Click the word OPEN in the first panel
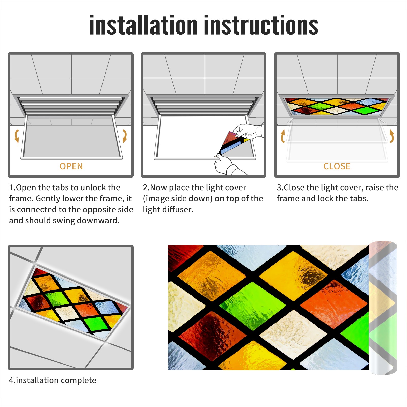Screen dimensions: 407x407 point(71,166)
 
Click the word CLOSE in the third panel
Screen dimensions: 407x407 point(337,166)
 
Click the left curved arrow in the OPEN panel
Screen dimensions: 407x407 point(17,136)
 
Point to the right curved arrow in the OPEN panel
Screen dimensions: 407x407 point(125,136)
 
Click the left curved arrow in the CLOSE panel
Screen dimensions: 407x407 point(283,136)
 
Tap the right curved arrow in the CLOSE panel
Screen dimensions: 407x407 point(392,136)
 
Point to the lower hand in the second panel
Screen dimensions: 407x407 point(228,165)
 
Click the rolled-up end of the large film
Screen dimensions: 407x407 point(383,308)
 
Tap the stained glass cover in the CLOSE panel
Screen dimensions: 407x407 point(337,106)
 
